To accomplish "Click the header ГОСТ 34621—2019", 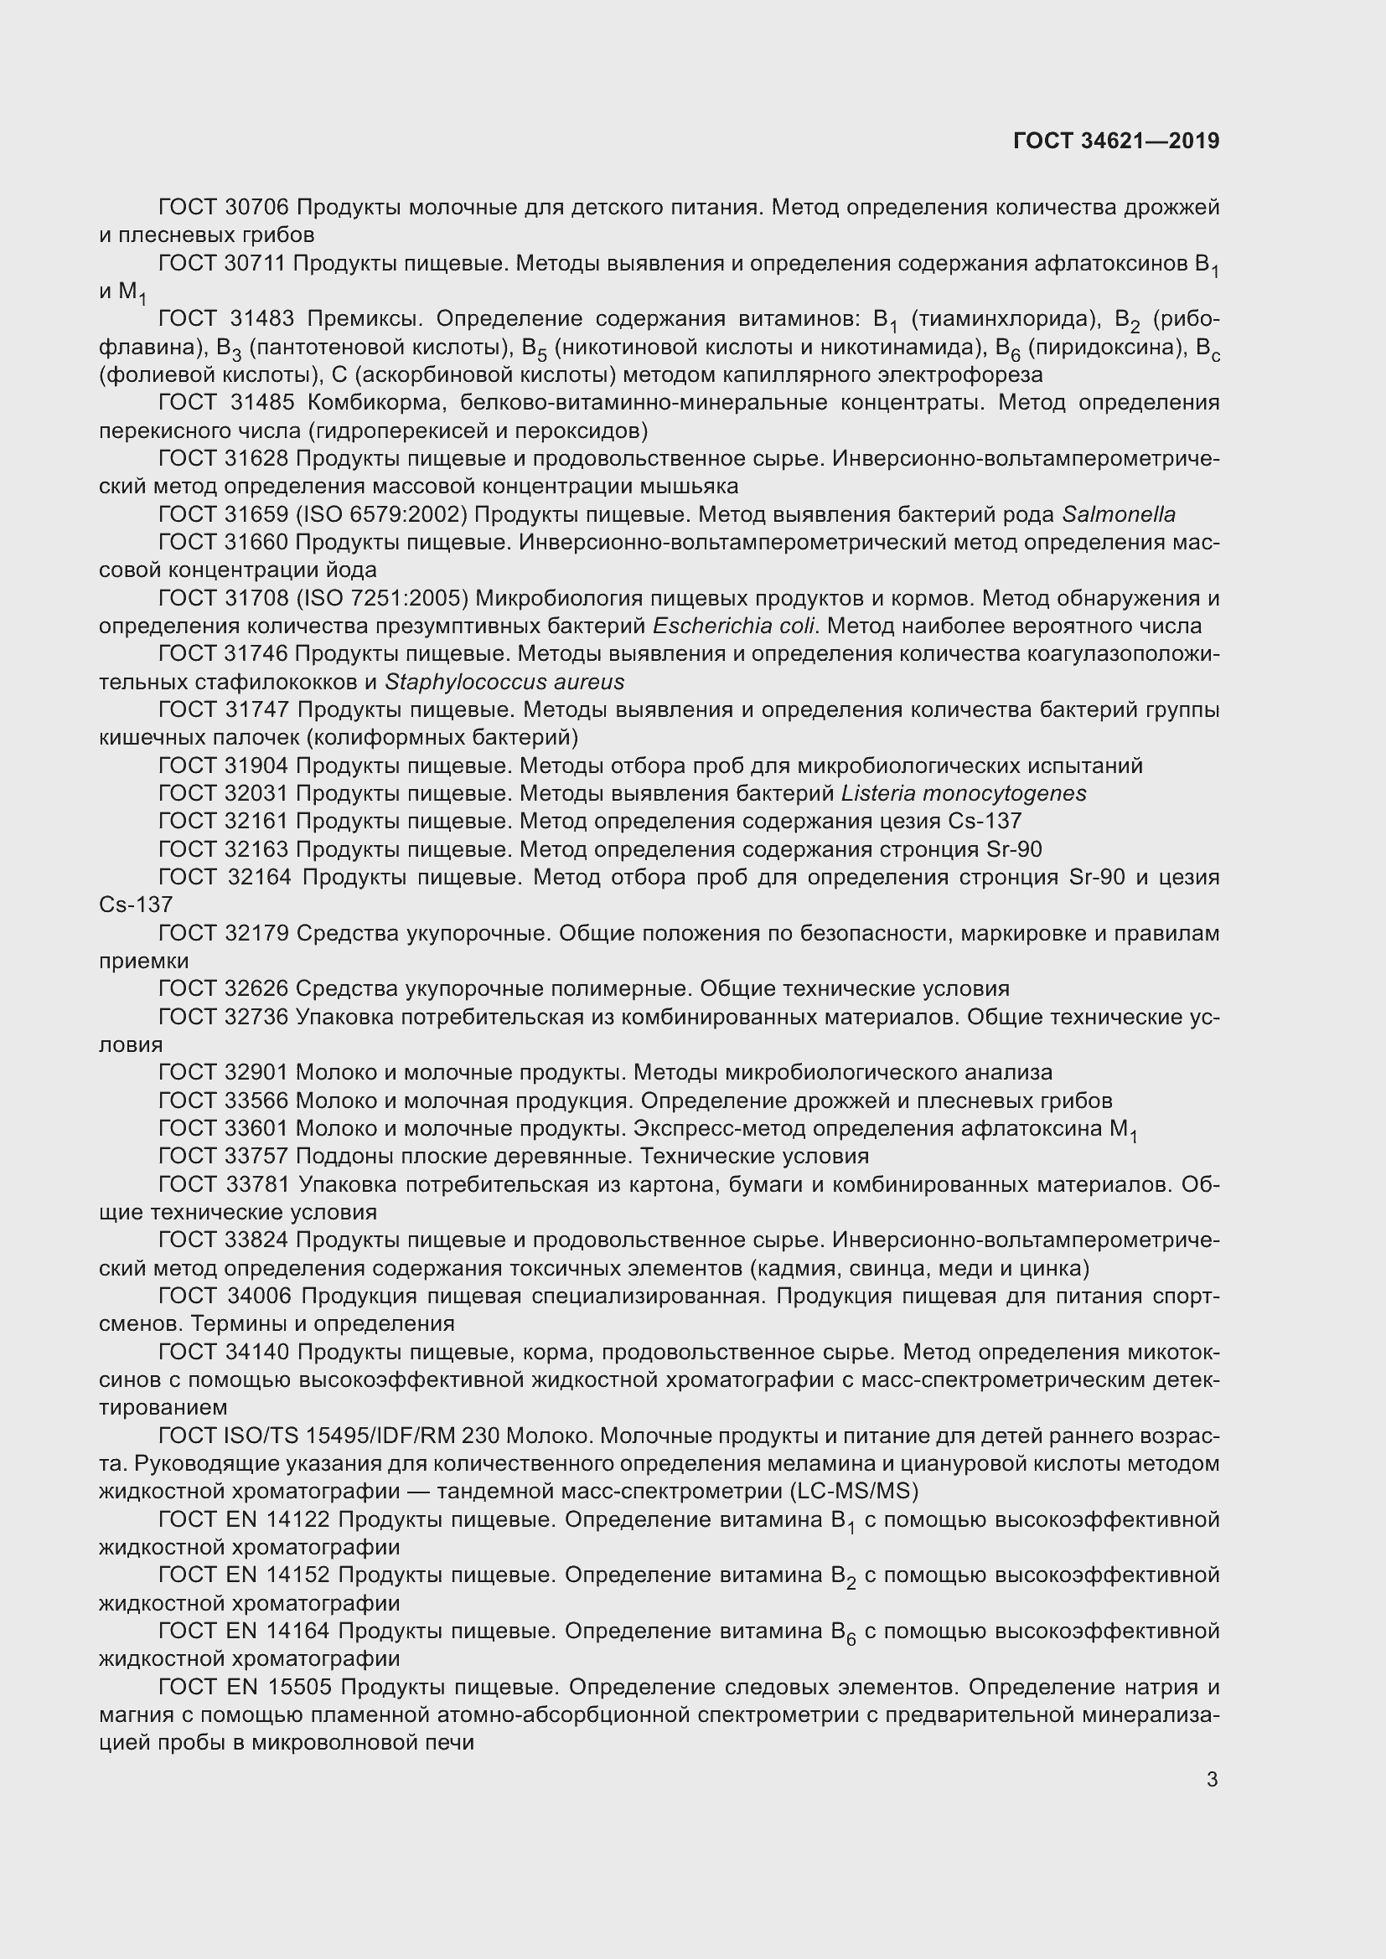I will tap(1115, 141).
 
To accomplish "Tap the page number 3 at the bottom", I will tap(1212, 1779).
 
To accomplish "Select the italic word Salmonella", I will tap(1118, 514).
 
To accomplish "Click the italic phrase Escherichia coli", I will tap(735, 626).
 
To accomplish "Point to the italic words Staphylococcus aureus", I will tap(504, 682).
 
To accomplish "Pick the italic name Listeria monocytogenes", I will tap(964, 793).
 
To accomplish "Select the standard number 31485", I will tap(262, 403).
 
